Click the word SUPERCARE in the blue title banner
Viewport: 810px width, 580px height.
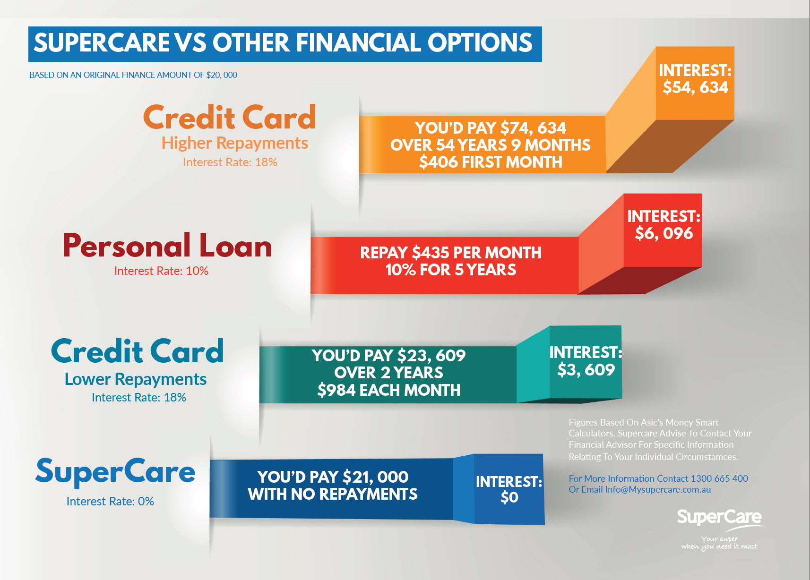102,43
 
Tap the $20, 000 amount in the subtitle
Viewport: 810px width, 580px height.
222,75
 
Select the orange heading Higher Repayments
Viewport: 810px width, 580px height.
235,143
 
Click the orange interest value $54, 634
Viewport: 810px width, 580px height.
695,87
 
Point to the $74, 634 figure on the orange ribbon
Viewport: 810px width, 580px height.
533,128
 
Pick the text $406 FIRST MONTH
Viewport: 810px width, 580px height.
491,162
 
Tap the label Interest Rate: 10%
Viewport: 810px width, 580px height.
161,271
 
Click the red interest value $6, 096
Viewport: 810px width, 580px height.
664,233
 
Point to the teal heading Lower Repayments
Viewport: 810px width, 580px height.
136,379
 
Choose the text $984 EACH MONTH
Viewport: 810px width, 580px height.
389,390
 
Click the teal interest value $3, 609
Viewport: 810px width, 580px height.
586,369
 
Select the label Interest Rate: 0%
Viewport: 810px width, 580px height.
110,501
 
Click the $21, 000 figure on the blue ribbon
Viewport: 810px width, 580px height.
375,477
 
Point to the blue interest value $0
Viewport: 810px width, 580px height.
509,498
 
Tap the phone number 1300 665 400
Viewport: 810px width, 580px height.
719,478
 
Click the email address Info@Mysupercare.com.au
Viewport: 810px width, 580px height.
658,490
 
